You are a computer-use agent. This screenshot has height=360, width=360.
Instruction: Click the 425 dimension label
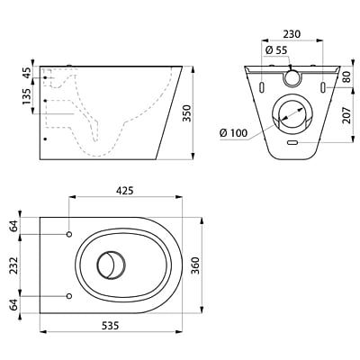point(125,190)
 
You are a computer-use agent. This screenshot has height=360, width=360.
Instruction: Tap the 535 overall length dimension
point(111,325)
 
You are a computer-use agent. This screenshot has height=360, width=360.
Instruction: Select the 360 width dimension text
point(195,265)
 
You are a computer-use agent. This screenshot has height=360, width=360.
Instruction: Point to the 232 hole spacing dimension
point(13,265)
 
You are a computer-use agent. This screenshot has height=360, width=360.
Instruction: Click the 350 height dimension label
point(187,113)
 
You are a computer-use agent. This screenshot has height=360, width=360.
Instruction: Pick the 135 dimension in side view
point(26,96)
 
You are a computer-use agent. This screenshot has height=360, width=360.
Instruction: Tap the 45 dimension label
point(26,73)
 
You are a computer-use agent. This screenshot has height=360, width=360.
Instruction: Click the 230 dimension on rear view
point(292,34)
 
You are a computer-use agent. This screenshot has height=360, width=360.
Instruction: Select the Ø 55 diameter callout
point(276,50)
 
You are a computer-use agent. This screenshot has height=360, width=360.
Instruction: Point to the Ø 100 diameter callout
point(234,132)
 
